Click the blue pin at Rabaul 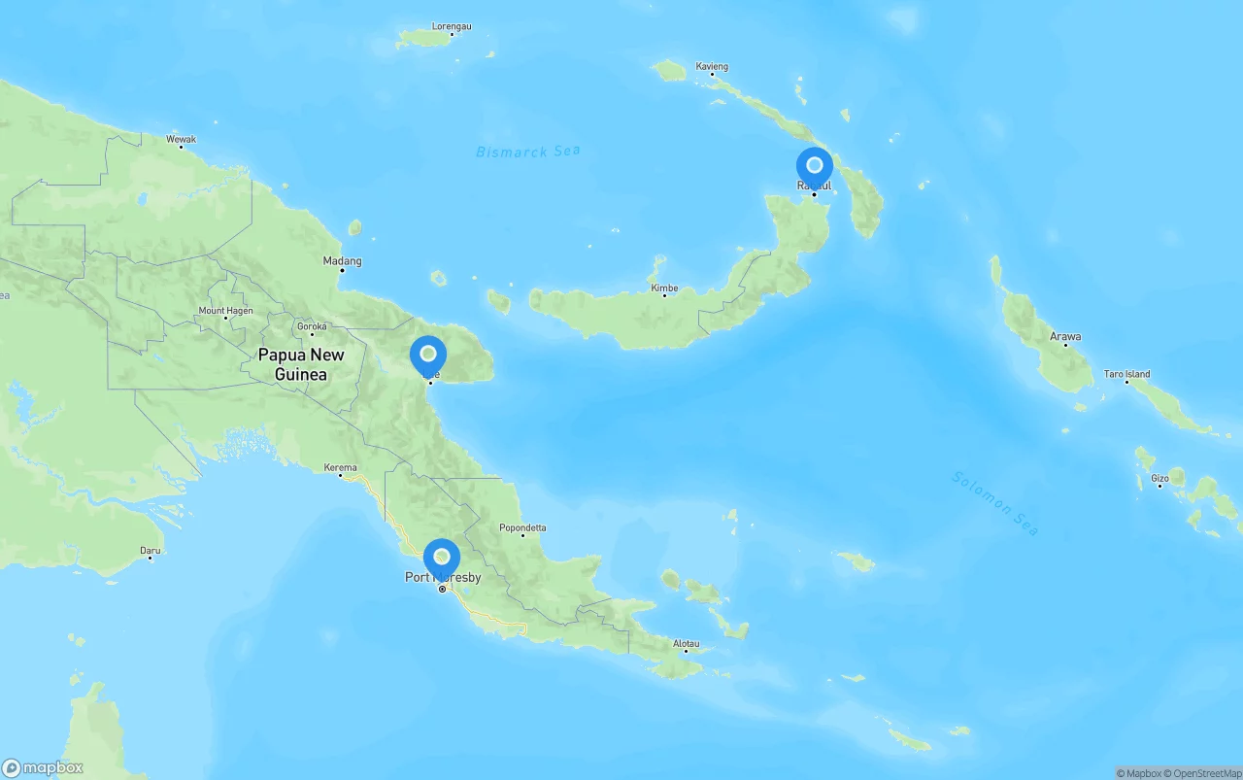814,166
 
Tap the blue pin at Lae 428,356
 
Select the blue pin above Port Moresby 442,558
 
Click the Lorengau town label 451,26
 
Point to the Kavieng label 712,67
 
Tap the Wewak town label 181,139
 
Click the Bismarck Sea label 528,152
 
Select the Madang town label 342,260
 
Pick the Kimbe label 664,288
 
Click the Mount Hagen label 225,311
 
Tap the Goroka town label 312,326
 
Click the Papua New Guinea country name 301,364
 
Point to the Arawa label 1065,336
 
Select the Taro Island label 1126,373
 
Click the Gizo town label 1159,478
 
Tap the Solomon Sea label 995,502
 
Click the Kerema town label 340,467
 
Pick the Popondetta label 522,527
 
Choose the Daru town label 150,550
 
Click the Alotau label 686,643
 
